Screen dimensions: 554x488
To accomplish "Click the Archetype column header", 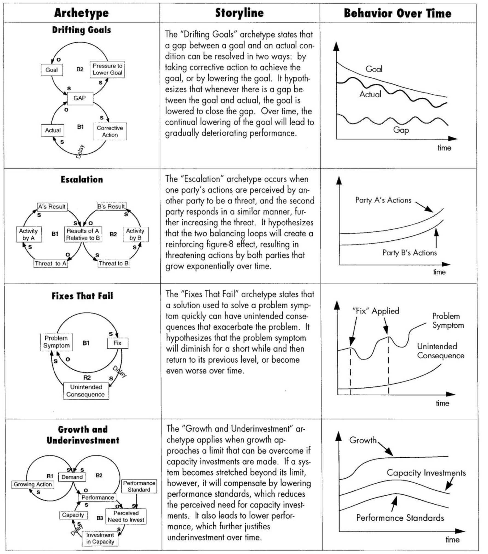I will pos(81,13).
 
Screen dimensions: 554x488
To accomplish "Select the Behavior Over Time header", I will pos(397,13).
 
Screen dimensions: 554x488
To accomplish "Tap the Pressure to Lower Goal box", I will pos(107,69).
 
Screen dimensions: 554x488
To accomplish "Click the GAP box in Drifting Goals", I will pos(80,98).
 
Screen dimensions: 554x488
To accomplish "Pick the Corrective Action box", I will pos(110,131).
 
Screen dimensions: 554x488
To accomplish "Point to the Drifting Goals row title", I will pos(82,30).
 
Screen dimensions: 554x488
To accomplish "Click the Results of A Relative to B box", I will pos(83,234).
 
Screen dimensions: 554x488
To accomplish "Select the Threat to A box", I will pos(51,263).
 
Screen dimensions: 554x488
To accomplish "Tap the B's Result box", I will pos(111,206).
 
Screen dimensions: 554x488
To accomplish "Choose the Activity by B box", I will pos(135,234).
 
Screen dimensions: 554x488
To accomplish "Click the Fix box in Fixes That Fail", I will pos(117,343).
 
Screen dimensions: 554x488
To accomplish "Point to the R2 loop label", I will pos(87,378).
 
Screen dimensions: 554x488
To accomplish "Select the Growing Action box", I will pos(33,484).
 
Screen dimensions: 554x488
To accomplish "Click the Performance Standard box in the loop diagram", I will pos(139,486).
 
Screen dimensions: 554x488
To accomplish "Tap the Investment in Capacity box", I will pos(100,538).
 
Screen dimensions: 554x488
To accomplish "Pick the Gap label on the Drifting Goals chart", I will pos(401,130).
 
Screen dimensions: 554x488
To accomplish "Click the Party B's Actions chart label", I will pos(409,253).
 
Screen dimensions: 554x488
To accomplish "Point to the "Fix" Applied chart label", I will pos(375,311).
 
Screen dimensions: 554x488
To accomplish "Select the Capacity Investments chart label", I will pos(426,473).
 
